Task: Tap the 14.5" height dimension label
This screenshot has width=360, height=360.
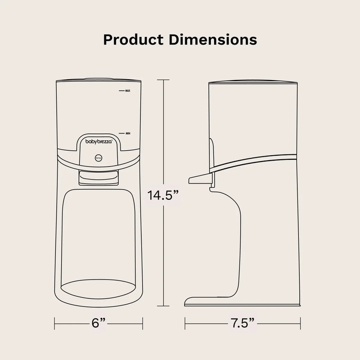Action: click(x=164, y=196)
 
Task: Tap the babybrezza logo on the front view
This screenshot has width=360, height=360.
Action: click(x=99, y=141)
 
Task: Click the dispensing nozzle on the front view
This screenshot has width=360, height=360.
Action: click(x=99, y=177)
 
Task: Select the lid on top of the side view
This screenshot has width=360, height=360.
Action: click(x=254, y=82)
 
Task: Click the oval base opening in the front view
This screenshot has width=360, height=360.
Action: click(x=99, y=288)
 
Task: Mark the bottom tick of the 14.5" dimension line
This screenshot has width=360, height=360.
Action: click(x=163, y=306)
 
